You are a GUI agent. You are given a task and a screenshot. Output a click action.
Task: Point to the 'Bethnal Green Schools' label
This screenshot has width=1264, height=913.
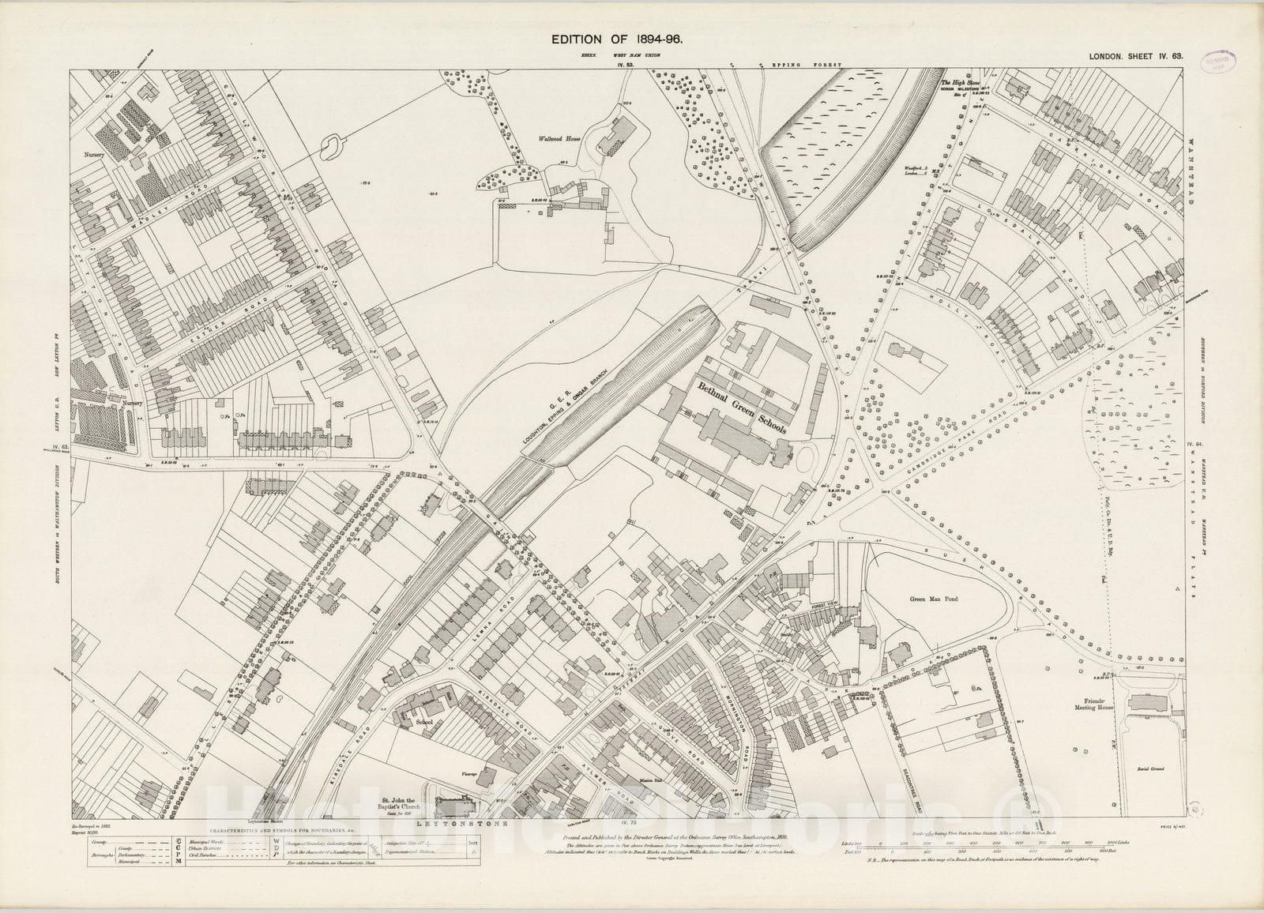pyautogui.click(x=740, y=408)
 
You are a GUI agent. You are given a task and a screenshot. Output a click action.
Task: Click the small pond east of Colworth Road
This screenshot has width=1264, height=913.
pyautogui.click(x=331, y=143)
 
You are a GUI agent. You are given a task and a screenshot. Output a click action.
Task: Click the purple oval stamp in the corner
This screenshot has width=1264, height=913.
pyautogui.click(x=1221, y=62)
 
